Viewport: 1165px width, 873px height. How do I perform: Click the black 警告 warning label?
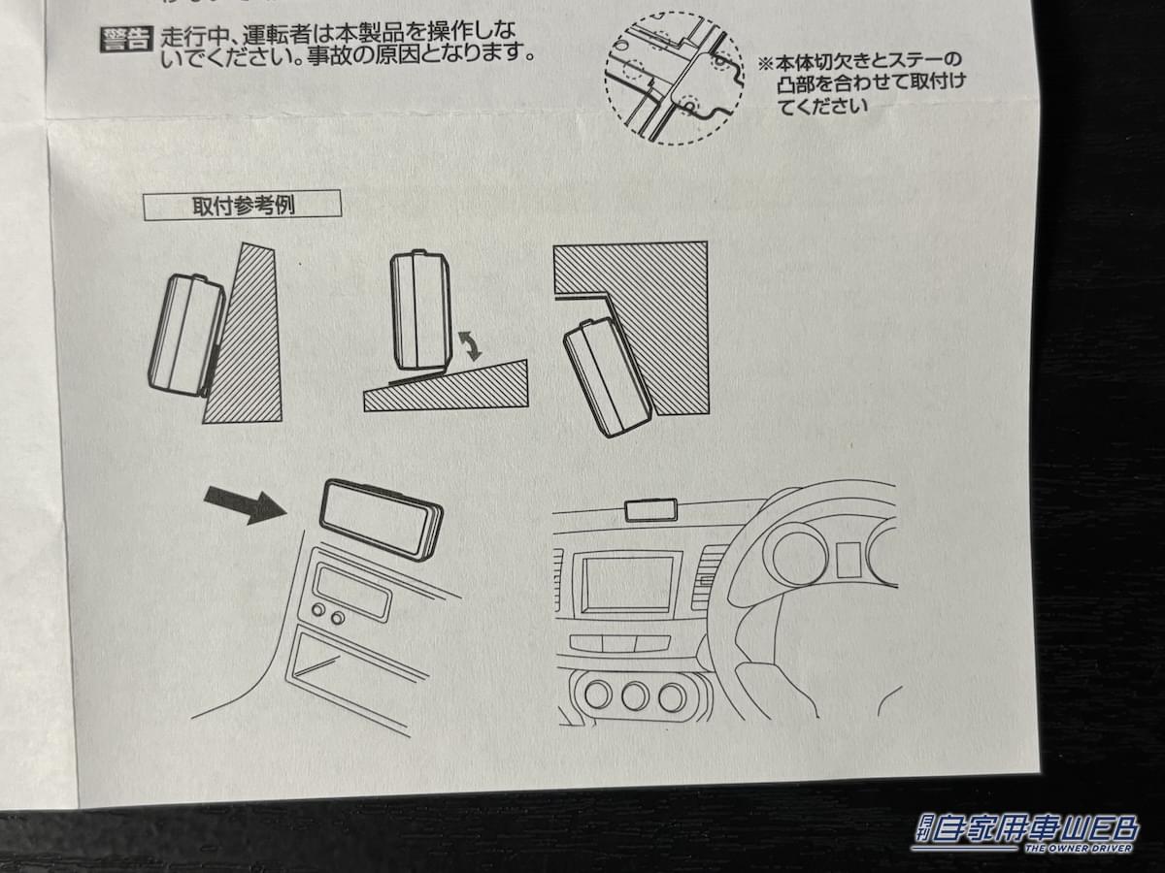coord(126,41)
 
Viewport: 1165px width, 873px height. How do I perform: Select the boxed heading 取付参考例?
coord(242,205)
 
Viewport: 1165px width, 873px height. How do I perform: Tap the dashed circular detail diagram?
coord(673,78)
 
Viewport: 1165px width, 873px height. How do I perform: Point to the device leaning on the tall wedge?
coord(186,335)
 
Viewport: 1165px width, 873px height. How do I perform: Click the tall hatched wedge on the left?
coord(245,339)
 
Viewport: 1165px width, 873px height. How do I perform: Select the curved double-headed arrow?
coord(470,345)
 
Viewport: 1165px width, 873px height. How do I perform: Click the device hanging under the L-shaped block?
coord(608,375)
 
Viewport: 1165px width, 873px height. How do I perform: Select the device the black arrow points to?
coord(382,519)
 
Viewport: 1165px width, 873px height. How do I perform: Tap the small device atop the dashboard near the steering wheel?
coord(650,509)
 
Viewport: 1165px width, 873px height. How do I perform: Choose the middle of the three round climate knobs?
coord(635,695)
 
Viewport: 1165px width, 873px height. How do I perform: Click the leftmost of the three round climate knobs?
coord(597,695)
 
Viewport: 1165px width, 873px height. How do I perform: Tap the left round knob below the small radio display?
coord(317,611)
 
